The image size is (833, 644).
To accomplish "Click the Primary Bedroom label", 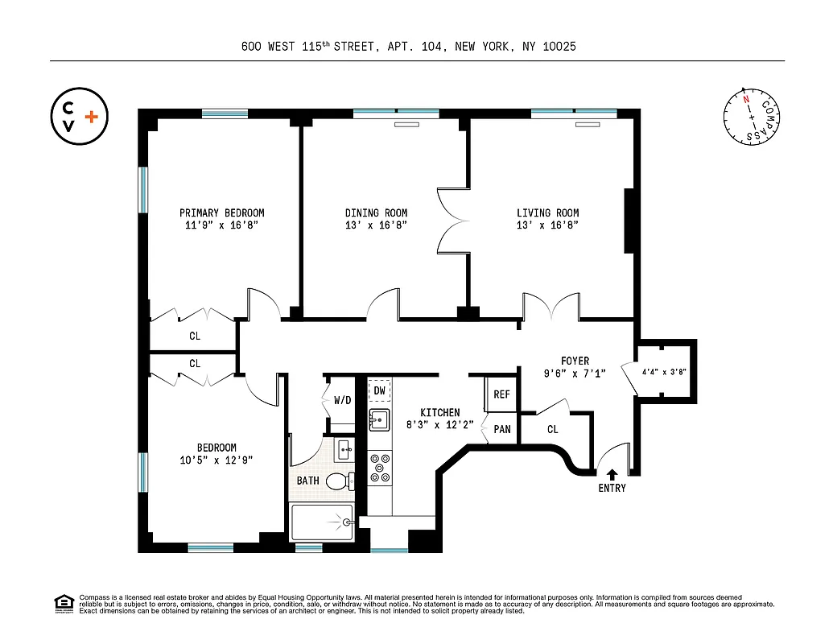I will pyautogui.click(x=221, y=213).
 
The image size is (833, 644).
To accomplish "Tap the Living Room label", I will pyautogui.click(x=547, y=213).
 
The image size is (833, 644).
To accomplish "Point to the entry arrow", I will pyautogui.click(x=612, y=475).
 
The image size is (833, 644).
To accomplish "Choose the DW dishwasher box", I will pyautogui.click(x=379, y=391).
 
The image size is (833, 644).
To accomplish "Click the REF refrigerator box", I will pyautogui.click(x=501, y=394).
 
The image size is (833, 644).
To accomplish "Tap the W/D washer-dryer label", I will pyautogui.click(x=341, y=399).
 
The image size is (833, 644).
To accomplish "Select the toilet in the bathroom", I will pyautogui.click(x=341, y=481).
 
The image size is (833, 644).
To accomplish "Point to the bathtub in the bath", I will pyautogui.click(x=322, y=522).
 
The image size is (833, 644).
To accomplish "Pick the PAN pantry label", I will pyautogui.click(x=501, y=430).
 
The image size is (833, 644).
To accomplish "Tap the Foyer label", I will pyautogui.click(x=575, y=361).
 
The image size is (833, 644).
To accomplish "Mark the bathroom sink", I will pyautogui.click(x=344, y=449).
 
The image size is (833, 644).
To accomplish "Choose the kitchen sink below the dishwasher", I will pyautogui.click(x=379, y=419).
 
